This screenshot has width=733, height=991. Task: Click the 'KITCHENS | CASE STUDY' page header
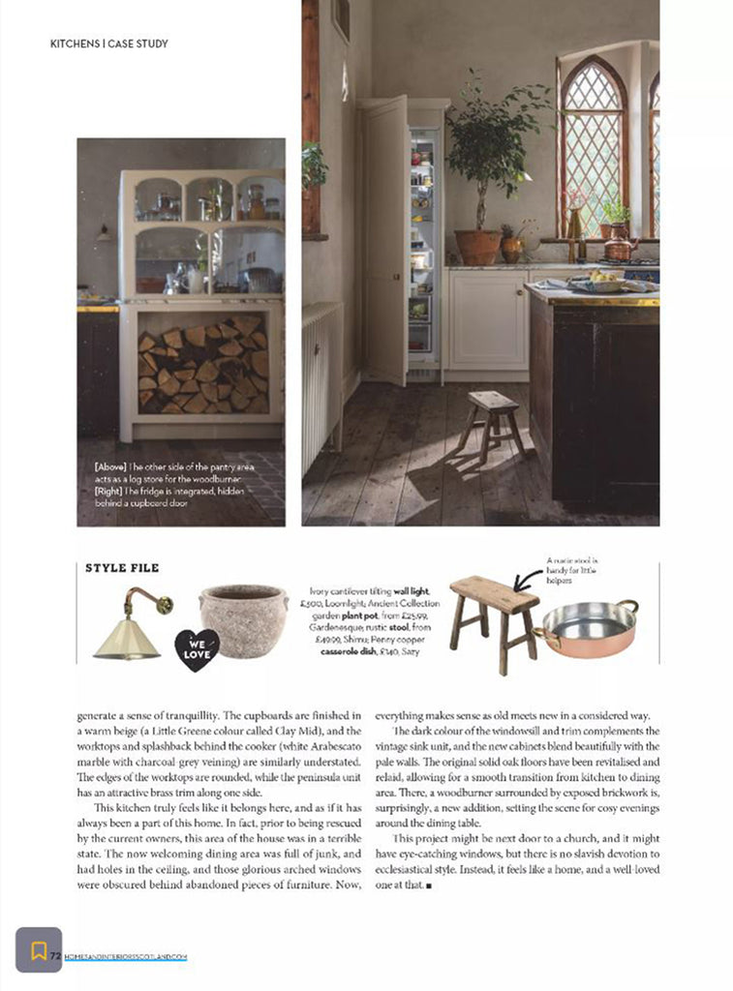pos(108,44)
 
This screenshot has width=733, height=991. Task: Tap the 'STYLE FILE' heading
pos(122,568)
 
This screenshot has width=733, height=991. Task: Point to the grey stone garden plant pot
pos(243,619)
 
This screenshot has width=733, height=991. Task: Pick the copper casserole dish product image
pos(588,629)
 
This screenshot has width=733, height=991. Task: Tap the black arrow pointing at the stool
pos(528,580)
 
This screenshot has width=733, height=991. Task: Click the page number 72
pos(56,956)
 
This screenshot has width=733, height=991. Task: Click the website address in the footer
pos(126,957)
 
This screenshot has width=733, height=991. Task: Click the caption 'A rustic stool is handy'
pos(572,565)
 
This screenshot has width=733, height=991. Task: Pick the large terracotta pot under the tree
pos(478,247)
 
